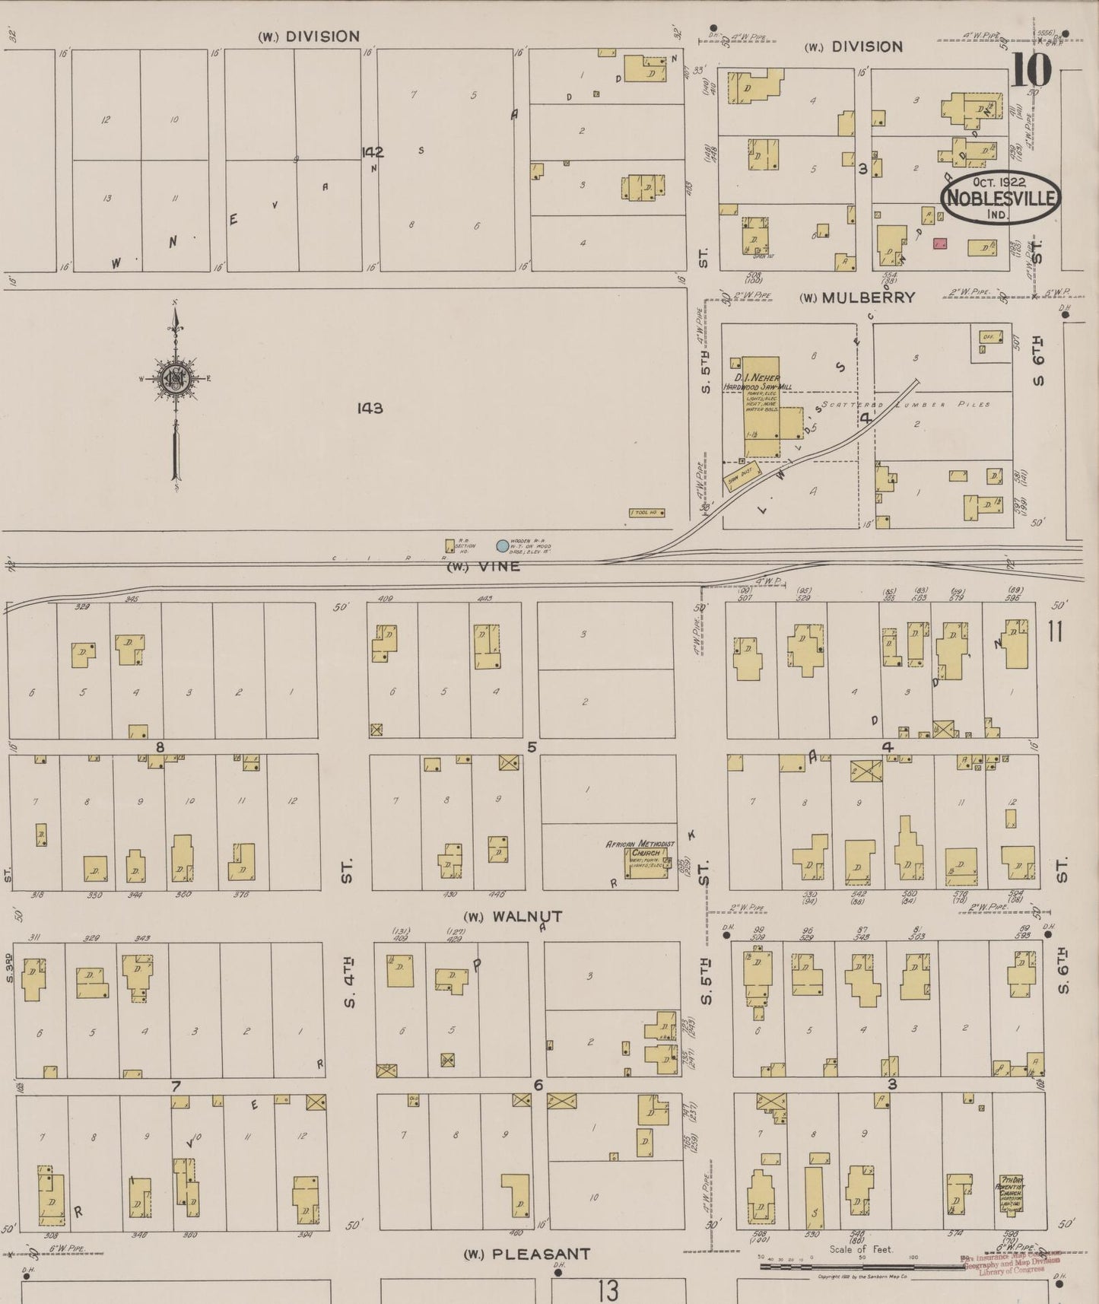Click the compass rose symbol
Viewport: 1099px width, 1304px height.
click(x=176, y=378)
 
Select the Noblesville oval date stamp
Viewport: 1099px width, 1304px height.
click(x=1001, y=196)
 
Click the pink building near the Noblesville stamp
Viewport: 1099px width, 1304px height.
click(x=940, y=243)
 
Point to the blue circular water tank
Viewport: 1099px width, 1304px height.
click(x=502, y=545)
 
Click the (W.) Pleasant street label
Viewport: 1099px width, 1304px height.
click(x=526, y=1254)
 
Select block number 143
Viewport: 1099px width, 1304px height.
click(x=370, y=409)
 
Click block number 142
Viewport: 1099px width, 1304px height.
click(x=373, y=152)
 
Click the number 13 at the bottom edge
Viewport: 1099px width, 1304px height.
click(x=607, y=1290)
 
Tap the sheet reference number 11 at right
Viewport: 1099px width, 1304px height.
click(x=1054, y=631)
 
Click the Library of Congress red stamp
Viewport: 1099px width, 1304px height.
click(x=1012, y=1264)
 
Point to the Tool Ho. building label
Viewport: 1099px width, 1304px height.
click(x=647, y=513)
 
